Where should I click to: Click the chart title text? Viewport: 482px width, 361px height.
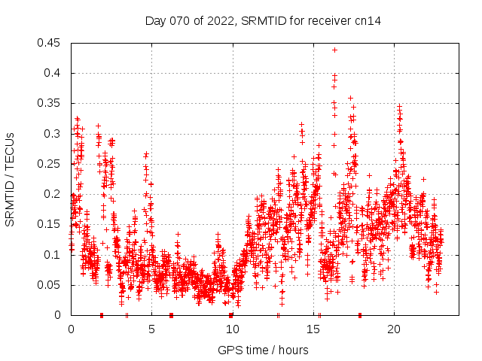tap(263, 21)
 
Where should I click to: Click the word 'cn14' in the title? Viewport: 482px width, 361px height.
tap(368, 21)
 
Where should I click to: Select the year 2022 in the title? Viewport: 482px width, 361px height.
tap(219, 21)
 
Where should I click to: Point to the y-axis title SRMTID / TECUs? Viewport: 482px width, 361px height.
tap(10, 179)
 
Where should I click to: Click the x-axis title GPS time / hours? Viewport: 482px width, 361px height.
tap(263, 350)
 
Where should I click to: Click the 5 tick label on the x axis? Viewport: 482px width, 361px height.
tap(151, 329)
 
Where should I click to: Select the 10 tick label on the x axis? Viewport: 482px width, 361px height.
tap(232, 329)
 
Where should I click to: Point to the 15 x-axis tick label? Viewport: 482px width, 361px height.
tap(313, 329)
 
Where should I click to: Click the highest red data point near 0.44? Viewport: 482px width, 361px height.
tap(334, 50)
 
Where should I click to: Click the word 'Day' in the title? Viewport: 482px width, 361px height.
tap(156, 21)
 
